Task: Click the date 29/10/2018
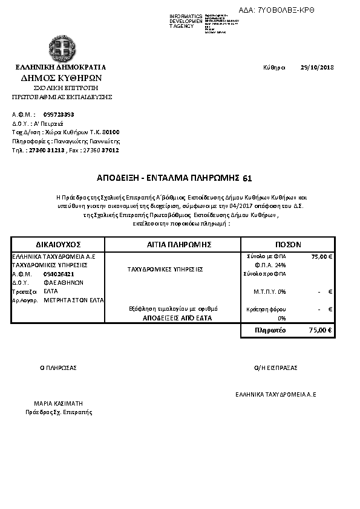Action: coord(317,67)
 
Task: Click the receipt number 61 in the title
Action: coord(247,178)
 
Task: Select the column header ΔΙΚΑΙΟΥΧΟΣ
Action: coord(58,244)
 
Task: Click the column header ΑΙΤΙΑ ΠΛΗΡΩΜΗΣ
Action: coord(173,244)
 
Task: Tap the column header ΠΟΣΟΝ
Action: coord(288,244)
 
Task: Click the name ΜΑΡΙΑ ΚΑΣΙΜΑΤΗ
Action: coord(59,403)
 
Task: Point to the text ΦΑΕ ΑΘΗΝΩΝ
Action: coord(64,282)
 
